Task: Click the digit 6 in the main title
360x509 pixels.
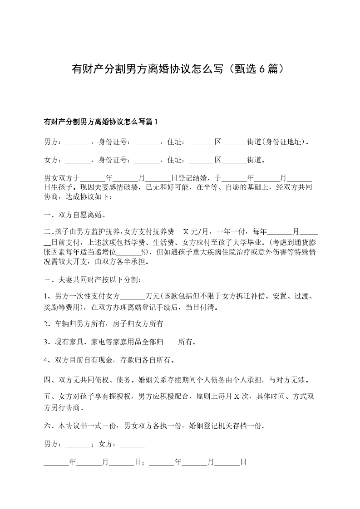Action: tap(262, 69)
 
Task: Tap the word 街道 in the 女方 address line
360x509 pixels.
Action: tap(254, 160)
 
